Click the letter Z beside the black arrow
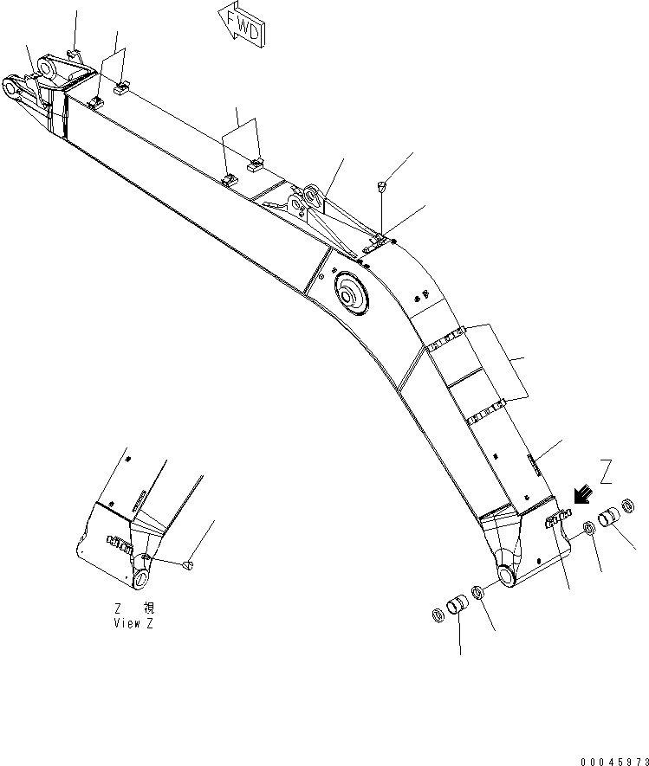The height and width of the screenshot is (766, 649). [606, 472]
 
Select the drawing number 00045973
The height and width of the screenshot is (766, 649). [614, 762]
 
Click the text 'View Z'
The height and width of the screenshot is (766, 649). [133, 623]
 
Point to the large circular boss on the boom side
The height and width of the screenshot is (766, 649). [351, 294]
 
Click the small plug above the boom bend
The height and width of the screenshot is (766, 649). [382, 185]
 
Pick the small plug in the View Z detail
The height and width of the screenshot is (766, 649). [188, 565]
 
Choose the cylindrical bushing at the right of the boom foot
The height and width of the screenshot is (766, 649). [609, 518]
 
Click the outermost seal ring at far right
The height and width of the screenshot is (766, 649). [628, 505]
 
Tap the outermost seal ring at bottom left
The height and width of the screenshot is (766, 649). [438, 615]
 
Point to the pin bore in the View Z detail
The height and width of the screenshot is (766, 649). [141, 579]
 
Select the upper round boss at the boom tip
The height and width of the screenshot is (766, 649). [48, 67]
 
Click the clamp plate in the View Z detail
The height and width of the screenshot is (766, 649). [120, 544]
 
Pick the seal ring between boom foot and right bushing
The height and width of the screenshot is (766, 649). [589, 529]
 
